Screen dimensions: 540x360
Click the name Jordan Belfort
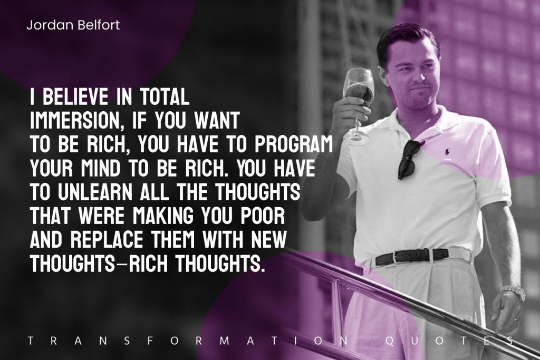73,25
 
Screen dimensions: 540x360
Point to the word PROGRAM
294,145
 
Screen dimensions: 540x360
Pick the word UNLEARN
95,192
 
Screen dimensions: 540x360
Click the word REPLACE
109,240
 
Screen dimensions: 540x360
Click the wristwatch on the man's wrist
514,293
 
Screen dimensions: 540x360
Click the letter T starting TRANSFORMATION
31,341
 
